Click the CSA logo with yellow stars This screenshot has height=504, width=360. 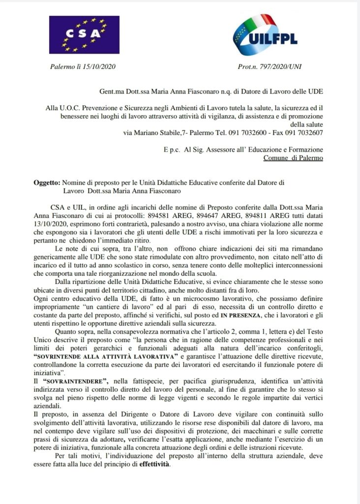(84, 34)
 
